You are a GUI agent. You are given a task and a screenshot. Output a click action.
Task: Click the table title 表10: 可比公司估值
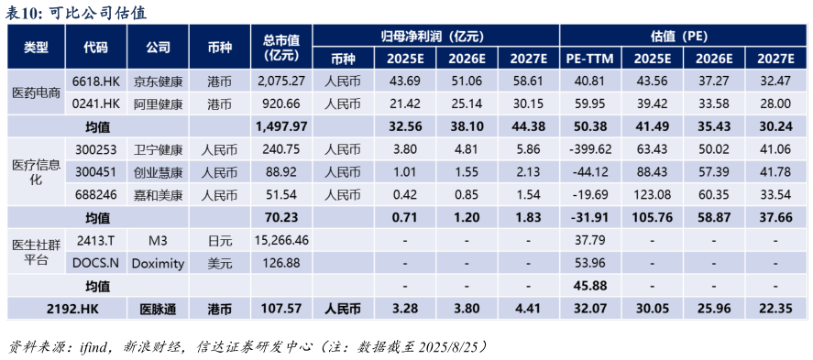[75, 13]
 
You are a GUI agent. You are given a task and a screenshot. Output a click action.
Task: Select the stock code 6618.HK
[95, 81]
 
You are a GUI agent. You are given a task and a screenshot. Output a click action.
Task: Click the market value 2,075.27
[280, 81]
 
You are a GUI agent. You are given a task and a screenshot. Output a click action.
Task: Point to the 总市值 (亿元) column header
[280, 47]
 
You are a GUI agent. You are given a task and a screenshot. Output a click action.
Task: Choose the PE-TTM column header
[588, 59]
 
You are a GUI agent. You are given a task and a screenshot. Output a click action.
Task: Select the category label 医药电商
[37, 92]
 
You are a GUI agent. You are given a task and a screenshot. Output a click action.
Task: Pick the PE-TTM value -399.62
[588, 149]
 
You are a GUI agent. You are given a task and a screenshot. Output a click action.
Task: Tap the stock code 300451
[95, 171]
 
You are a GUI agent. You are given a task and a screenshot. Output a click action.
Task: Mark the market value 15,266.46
[280, 240]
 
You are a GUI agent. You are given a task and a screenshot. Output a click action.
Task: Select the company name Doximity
[158, 263]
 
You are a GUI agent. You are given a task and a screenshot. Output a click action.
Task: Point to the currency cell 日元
[219, 240]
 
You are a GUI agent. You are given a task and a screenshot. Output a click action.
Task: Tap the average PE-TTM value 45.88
[588, 286]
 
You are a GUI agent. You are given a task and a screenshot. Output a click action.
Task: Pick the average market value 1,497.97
[280, 125]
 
